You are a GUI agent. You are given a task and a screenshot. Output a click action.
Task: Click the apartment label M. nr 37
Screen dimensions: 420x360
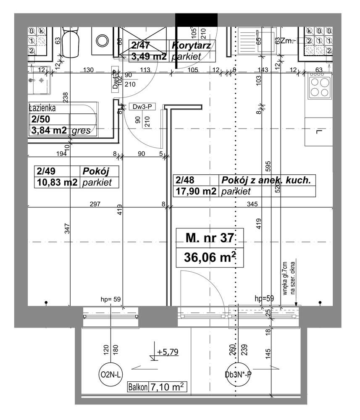click(209, 238)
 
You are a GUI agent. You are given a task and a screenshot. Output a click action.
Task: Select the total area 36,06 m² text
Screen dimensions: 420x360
click(209, 257)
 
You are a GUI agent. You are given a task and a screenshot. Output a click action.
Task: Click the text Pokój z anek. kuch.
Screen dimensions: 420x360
click(266, 180)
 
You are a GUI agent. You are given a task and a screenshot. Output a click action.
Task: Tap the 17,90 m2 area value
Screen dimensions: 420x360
click(196, 192)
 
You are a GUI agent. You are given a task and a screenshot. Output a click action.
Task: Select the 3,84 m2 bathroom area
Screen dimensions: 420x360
click(48, 131)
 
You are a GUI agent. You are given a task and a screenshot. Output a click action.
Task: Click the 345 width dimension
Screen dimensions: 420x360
click(252, 204)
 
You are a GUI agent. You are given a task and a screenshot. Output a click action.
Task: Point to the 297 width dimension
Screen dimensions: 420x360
click(95, 204)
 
